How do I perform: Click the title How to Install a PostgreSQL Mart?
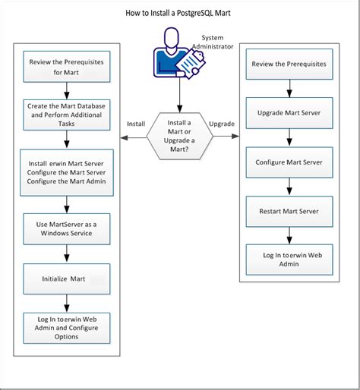(x=180, y=14)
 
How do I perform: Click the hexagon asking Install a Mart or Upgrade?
(x=180, y=136)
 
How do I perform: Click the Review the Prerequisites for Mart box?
(x=67, y=67)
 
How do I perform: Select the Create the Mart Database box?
(x=67, y=114)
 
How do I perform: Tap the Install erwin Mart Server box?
(x=67, y=173)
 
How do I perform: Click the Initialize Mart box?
(x=67, y=279)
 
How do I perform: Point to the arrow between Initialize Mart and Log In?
(x=67, y=301)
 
